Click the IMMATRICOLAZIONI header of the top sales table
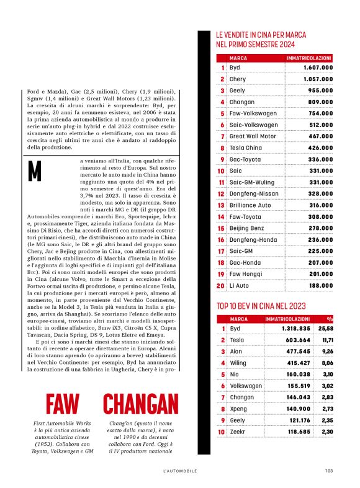pos(308,57)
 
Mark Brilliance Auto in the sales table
pos(250,204)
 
